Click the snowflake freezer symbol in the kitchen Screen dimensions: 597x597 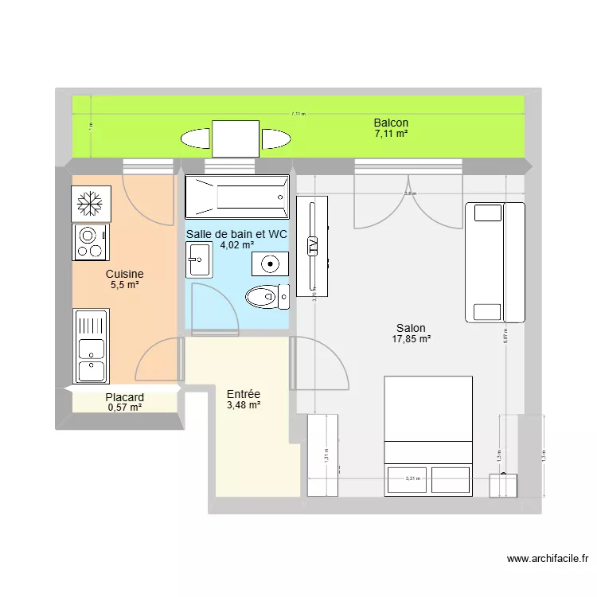click(x=90, y=205)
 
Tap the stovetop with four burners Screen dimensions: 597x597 click(x=91, y=242)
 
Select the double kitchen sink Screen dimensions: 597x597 click(x=91, y=347)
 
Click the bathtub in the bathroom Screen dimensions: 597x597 click(x=236, y=197)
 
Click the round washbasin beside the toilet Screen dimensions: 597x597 click(x=271, y=263)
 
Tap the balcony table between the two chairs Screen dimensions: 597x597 click(x=235, y=139)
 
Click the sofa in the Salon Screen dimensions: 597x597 click(x=494, y=262)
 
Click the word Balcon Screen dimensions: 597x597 click(x=391, y=123)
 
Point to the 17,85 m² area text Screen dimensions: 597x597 click(x=411, y=339)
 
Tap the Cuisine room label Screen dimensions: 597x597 click(x=124, y=273)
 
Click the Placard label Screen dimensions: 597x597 click(x=124, y=397)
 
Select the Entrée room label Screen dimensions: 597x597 click(x=244, y=394)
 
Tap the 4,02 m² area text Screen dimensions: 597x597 click(x=236, y=245)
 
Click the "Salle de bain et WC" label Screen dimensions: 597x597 click(x=236, y=234)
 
